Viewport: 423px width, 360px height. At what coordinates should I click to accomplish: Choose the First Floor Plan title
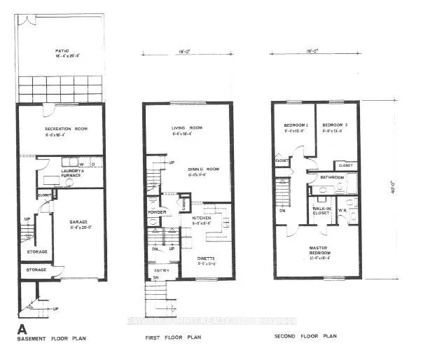click(x=174, y=339)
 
